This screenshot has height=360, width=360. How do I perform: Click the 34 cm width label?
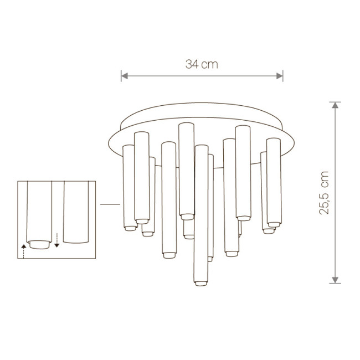202,64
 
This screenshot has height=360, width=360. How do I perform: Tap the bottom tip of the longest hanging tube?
200,284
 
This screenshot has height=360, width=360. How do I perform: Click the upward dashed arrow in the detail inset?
24,249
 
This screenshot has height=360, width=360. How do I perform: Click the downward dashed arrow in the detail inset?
57,239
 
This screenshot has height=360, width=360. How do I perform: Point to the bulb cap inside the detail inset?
39,244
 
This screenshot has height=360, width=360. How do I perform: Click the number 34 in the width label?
192,64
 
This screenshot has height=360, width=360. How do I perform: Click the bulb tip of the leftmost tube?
129,228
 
